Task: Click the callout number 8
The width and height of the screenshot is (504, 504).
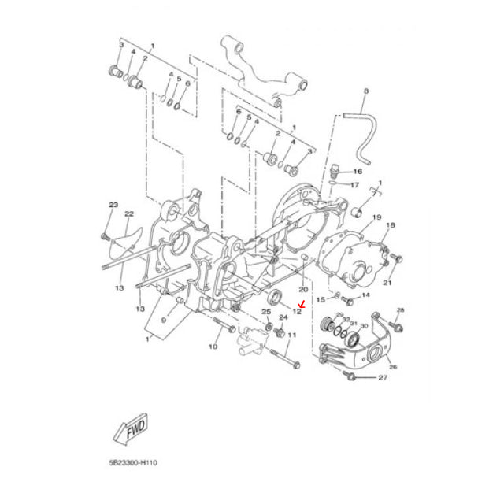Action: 365,92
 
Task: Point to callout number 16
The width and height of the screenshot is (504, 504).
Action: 358,171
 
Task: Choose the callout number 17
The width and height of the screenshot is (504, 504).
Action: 354,186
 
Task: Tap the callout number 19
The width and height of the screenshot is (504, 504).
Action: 376,217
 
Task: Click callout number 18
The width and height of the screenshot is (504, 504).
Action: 390,225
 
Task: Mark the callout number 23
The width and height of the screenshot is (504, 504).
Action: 113,205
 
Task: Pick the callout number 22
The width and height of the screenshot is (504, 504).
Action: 129,213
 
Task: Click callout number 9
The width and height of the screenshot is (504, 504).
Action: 164,321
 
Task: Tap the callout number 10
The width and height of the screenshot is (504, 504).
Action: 213,346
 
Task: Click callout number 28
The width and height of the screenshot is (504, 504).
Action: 400,309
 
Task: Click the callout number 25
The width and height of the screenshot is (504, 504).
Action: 265,312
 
